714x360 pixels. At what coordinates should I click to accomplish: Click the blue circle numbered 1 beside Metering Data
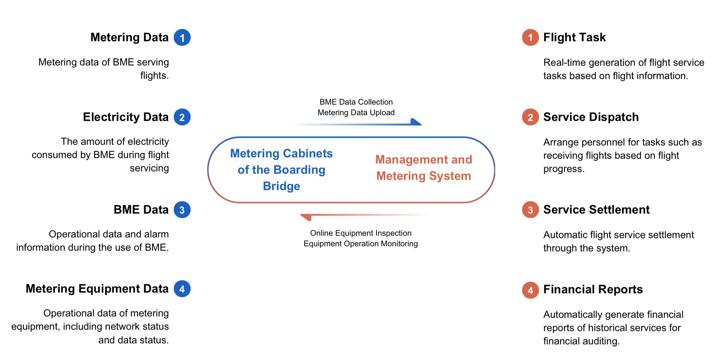click(182, 37)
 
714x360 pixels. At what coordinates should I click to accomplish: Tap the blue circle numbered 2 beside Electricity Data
click(182, 117)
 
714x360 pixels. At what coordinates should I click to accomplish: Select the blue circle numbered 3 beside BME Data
click(182, 210)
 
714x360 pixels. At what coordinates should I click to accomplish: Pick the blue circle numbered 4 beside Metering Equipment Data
click(182, 289)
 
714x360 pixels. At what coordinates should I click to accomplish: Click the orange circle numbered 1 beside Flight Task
click(530, 37)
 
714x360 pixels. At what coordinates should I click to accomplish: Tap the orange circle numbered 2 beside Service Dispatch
click(530, 117)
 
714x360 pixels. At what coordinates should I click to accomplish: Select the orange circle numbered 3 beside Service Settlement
click(530, 210)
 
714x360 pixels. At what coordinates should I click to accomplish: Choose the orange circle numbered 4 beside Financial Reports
click(530, 290)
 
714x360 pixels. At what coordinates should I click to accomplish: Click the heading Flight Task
click(574, 37)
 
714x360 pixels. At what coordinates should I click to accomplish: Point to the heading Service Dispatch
click(591, 117)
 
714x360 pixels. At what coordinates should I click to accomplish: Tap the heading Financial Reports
click(593, 289)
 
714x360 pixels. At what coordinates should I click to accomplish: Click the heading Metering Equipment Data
click(97, 289)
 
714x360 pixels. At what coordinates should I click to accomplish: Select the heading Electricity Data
click(126, 117)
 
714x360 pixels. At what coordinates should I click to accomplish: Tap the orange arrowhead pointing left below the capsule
click(306, 217)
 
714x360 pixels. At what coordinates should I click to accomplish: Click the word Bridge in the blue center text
click(282, 186)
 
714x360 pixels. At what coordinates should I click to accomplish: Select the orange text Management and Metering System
click(424, 168)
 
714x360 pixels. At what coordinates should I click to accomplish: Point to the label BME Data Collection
click(356, 102)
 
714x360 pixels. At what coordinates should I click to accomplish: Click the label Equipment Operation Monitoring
click(361, 244)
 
